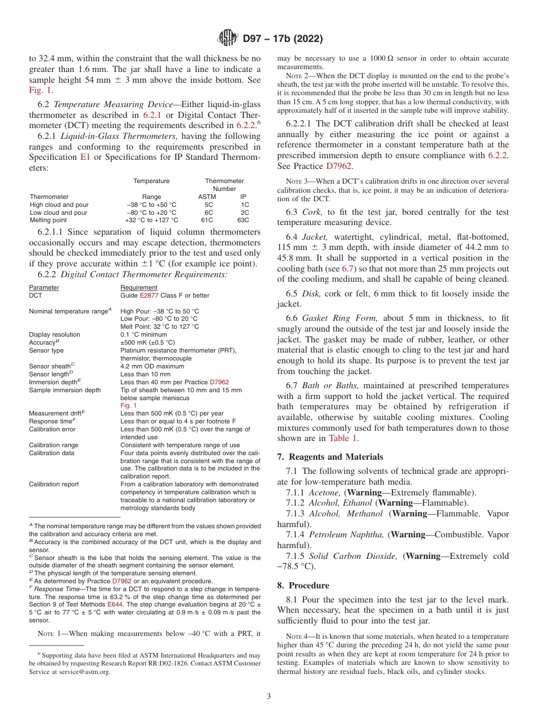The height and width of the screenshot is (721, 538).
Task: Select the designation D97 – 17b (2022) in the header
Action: [283, 39]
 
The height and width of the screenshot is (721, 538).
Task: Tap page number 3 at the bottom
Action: [269, 697]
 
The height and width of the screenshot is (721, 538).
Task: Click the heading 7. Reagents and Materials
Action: [330, 457]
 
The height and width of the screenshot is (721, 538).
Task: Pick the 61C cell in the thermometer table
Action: [208, 220]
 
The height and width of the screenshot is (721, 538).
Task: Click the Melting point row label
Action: [48, 220]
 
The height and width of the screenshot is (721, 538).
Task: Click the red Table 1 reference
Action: [343, 438]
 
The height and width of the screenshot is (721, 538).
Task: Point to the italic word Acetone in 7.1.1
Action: [324, 492]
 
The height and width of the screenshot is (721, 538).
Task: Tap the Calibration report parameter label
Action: [54, 484]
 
